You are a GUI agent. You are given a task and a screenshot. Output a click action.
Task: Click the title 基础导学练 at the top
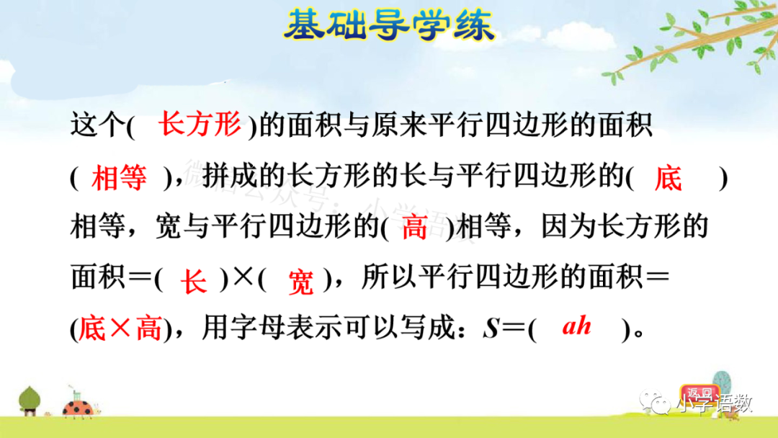click(389, 27)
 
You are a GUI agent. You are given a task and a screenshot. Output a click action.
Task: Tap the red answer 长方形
click(200, 125)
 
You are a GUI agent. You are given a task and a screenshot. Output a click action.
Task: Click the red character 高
click(415, 228)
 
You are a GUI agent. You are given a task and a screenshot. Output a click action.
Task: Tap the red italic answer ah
click(576, 326)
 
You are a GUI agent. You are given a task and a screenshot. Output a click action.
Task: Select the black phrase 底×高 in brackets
click(119, 329)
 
